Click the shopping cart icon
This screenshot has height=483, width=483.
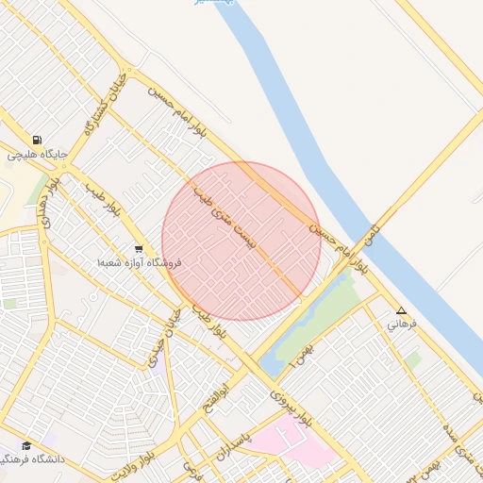pyautogui.click(x=139, y=249)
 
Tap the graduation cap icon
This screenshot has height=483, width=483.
pyautogui.click(x=26, y=445)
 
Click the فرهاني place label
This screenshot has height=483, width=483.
pyautogui.click(x=401, y=324)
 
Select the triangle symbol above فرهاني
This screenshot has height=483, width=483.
pyautogui.click(x=401, y=310)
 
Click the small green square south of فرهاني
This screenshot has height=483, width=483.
pyautogui.click(x=412, y=359)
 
